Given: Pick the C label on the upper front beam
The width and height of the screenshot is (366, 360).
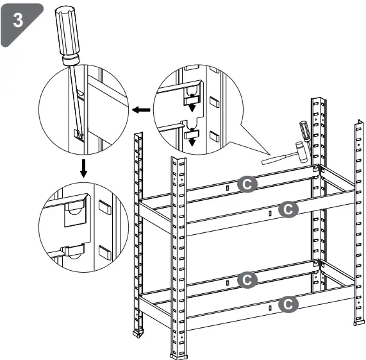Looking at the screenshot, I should tap(289, 209).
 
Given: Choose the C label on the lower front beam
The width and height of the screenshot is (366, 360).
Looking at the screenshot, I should tap(289, 303).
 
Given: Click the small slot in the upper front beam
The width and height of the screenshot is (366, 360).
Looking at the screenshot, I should tap(270, 212).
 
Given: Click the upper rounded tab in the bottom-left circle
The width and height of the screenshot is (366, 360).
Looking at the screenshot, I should tap(76, 212).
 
